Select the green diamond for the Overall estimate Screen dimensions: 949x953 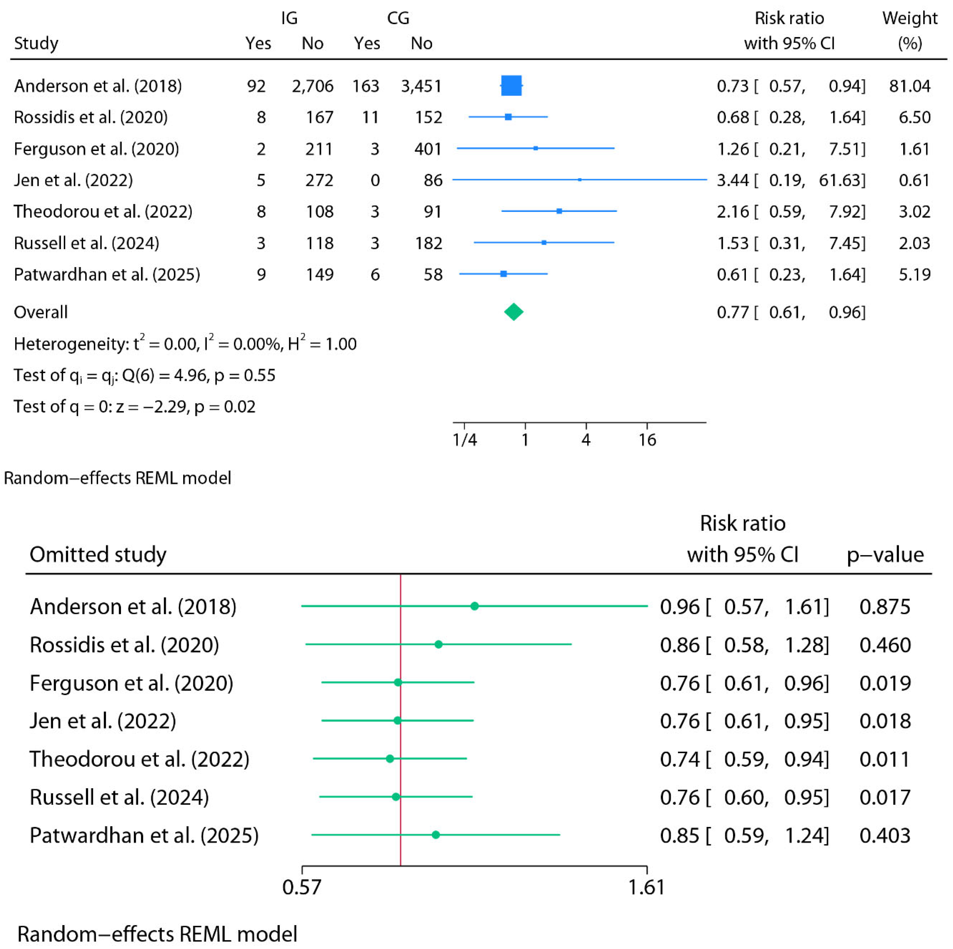[x=513, y=312]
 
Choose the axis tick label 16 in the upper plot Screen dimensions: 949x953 [x=647, y=440]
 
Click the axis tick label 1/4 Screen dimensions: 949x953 [x=465, y=440]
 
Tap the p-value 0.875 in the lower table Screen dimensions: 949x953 [x=884, y=607]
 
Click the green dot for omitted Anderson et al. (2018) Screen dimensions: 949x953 [x=475, y=606]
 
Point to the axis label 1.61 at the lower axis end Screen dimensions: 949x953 [x=646, y=887]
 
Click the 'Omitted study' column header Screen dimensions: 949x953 [x=98, y=554]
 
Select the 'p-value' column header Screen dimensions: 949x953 [x=885, y=555]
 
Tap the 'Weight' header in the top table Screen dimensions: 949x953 [x=910, y=18]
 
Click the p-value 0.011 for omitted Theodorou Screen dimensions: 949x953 [x=884, y=759]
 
